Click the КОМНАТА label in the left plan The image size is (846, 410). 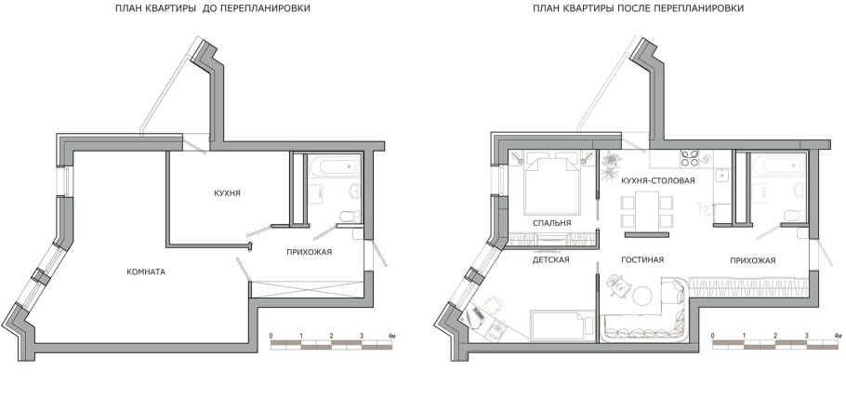(x=147, y=271)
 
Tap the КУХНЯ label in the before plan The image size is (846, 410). (x=227, y=192)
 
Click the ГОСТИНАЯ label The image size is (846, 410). (x=641, y=259)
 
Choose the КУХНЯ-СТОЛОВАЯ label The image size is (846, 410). (x=657, y=179)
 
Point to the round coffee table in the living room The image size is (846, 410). (x=642, y=297)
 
